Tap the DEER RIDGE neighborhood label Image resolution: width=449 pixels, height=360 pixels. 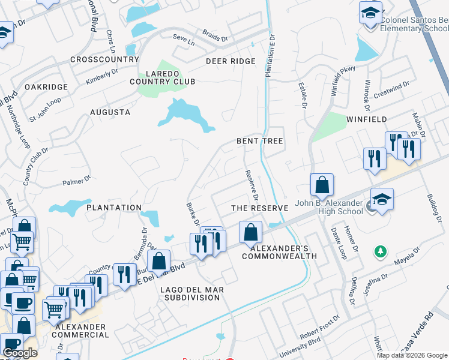(x=231, y=61)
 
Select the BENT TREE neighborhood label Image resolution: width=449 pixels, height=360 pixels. (x=259, y=140)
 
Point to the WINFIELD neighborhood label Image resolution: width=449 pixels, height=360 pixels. (x=366, y=119)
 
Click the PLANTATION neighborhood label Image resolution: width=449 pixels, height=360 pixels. (x=113, y=208)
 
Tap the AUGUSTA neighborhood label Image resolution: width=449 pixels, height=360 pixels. (x=110, y=112)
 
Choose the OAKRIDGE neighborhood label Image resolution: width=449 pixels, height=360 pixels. (x=46, y=87)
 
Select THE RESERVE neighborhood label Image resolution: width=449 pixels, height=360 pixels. (x=261, y=208)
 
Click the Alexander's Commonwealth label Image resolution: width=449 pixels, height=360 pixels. (x=279, y=252)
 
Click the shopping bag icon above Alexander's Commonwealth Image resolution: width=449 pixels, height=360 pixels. (x=250, y=232)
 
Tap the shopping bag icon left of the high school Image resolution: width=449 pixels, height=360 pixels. (x=322, y=185)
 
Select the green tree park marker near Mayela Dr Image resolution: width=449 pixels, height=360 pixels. (x=379, y=251)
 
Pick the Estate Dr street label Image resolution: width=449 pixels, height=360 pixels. (x=303, y=96)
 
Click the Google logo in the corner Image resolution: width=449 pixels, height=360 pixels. (x=20, y=353)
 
